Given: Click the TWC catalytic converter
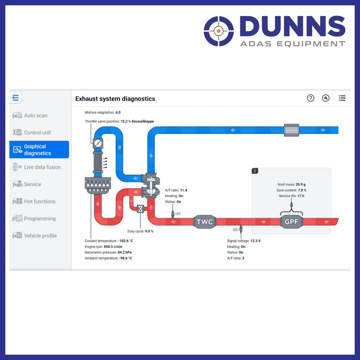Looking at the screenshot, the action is (205, 222).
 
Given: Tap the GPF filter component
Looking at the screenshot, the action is (291, 222).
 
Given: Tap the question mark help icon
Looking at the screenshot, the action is (310, 98).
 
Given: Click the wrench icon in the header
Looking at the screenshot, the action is (326, 98).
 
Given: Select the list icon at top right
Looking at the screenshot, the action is (342, 98).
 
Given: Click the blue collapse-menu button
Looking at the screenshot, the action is (16, 98).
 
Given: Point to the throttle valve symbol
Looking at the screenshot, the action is (98, 143).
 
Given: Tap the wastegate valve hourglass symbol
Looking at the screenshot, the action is (140, 209).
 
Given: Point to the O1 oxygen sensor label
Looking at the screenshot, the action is (178, 214).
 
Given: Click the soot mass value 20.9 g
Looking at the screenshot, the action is (301, 184).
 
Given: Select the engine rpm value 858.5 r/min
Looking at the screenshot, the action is (113, 247).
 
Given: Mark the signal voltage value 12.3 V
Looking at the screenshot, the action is (255, 241).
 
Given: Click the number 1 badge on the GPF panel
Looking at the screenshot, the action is (255, 171).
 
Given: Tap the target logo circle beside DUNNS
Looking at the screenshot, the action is (219, 31).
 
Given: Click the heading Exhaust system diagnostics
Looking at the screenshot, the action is (115, 99).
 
